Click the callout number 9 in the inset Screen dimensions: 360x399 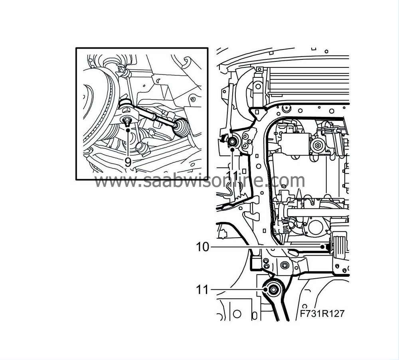click(128, 162)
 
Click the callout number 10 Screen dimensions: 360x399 click(202, 247)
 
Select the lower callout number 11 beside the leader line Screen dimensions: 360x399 click(202, 289)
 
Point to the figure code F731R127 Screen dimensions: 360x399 click(322, 314)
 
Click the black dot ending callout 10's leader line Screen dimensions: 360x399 click(322, 247)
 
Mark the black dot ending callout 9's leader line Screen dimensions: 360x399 click(128, 130)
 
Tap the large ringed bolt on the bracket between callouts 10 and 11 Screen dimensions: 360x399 click(284, 265)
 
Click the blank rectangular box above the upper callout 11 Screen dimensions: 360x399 click(295, 142)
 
